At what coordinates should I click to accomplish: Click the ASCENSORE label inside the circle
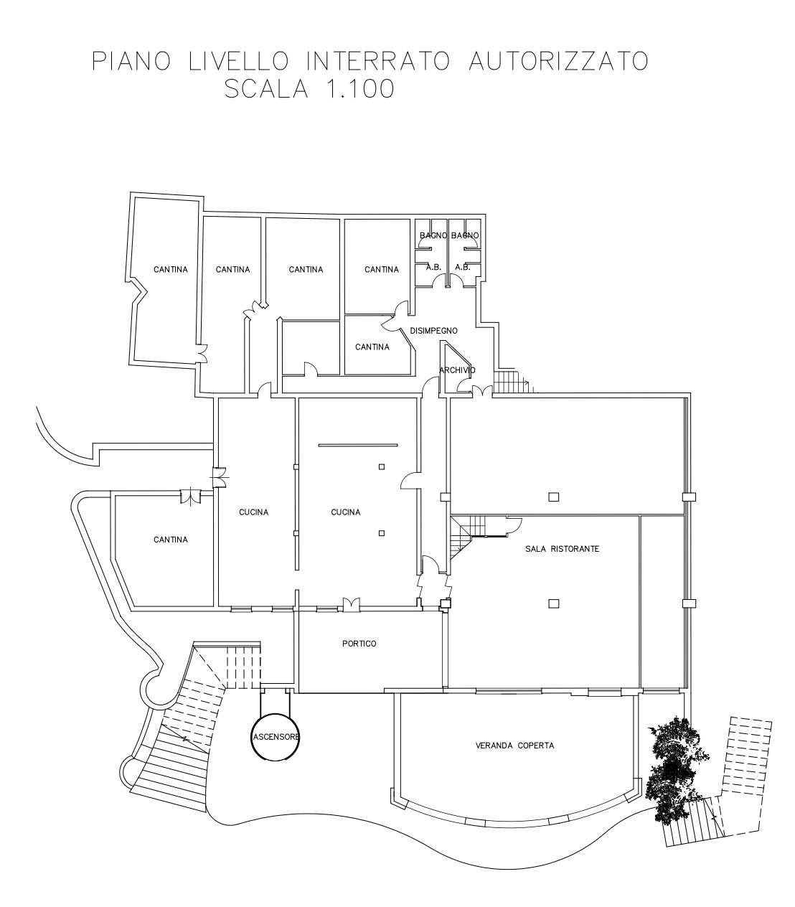[276, 737]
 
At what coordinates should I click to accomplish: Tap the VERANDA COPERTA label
[514, 746]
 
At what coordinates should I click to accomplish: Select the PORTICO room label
[359, 644]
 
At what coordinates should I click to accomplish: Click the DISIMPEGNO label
[433, 331]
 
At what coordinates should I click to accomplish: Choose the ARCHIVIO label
[457, 370]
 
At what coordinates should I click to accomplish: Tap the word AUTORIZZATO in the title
[558, 62]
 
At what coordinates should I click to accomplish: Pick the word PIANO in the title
[131, 62]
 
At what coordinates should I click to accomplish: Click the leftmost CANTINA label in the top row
[171, 270]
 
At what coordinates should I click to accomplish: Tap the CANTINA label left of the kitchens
[171, 540]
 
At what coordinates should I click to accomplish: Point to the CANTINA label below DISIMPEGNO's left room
[372, 347]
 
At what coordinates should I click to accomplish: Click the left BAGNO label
[433, 235]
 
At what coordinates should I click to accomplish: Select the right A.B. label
[462, 268]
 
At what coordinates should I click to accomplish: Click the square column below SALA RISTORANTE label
[553, 603]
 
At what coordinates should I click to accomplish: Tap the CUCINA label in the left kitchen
[253, 512]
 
